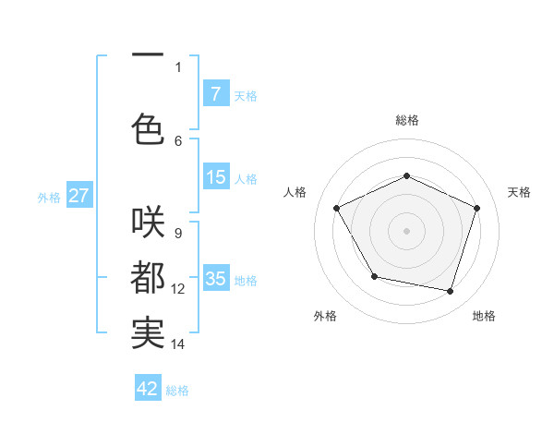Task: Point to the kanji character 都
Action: pos(148,277)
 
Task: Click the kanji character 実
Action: pos(148,332)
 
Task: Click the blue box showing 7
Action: pos(215,94)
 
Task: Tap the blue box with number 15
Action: pos(215,177)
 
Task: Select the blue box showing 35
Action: pos(215,278)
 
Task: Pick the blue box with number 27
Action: pos(78,196)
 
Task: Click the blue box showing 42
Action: pos(148,389)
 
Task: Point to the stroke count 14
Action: pos(178,344)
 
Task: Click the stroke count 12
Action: pos(178,289)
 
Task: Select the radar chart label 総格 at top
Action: pos(406,120)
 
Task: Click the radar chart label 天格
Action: pos(519,192)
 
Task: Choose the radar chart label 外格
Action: pos(325,316)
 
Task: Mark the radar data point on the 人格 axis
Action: pos(337,208)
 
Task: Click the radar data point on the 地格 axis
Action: pos(450,291)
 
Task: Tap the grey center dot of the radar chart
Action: pos(406,230)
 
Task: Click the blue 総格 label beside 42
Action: pos(177,391)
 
